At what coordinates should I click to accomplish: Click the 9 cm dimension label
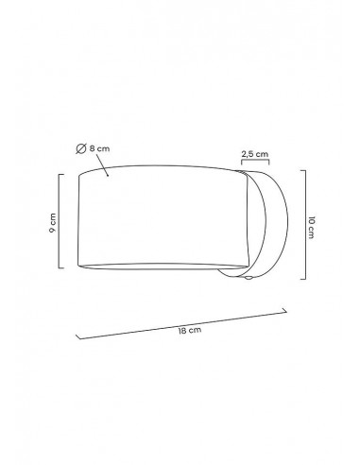[x=53, y=222]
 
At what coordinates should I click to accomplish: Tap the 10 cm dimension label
[x=311, y=228]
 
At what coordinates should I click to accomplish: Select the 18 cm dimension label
[x=190, y=331]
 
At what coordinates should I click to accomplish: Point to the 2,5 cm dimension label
[x=255, y=154]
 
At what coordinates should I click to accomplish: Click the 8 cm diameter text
[x=99, y=148]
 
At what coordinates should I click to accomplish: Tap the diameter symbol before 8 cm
[x=81, y=148]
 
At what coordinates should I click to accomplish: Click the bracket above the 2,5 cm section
[x=255, y=161]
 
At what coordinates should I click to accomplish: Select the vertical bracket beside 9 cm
[x=60, y=221]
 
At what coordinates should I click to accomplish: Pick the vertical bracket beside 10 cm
[x=305, y=225]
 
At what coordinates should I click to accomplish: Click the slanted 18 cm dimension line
[x=181, y=325]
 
